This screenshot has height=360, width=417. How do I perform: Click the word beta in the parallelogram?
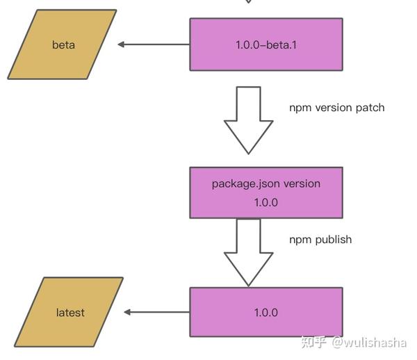[x=63, y=45]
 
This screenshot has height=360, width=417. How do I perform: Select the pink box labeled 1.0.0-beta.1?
[x=265, y=44]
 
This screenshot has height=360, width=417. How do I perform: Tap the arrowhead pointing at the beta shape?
[x=121, y=44]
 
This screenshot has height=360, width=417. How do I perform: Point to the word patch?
[x=369, y=108]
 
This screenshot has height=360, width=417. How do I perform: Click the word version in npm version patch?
[x=332, y=108]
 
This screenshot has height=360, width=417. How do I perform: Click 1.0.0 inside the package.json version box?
[x=265, y=202]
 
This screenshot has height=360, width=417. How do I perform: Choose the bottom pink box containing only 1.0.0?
[x=265, y=312]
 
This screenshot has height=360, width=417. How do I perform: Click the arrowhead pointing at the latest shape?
[x=127, y=312]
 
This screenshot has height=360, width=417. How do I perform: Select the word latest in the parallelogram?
[x=70, y=313]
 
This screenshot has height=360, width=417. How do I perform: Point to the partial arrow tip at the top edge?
[x=248, y=2]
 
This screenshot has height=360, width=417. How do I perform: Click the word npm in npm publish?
[x=300, y=239]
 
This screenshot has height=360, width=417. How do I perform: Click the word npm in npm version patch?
[x=300, y=108]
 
